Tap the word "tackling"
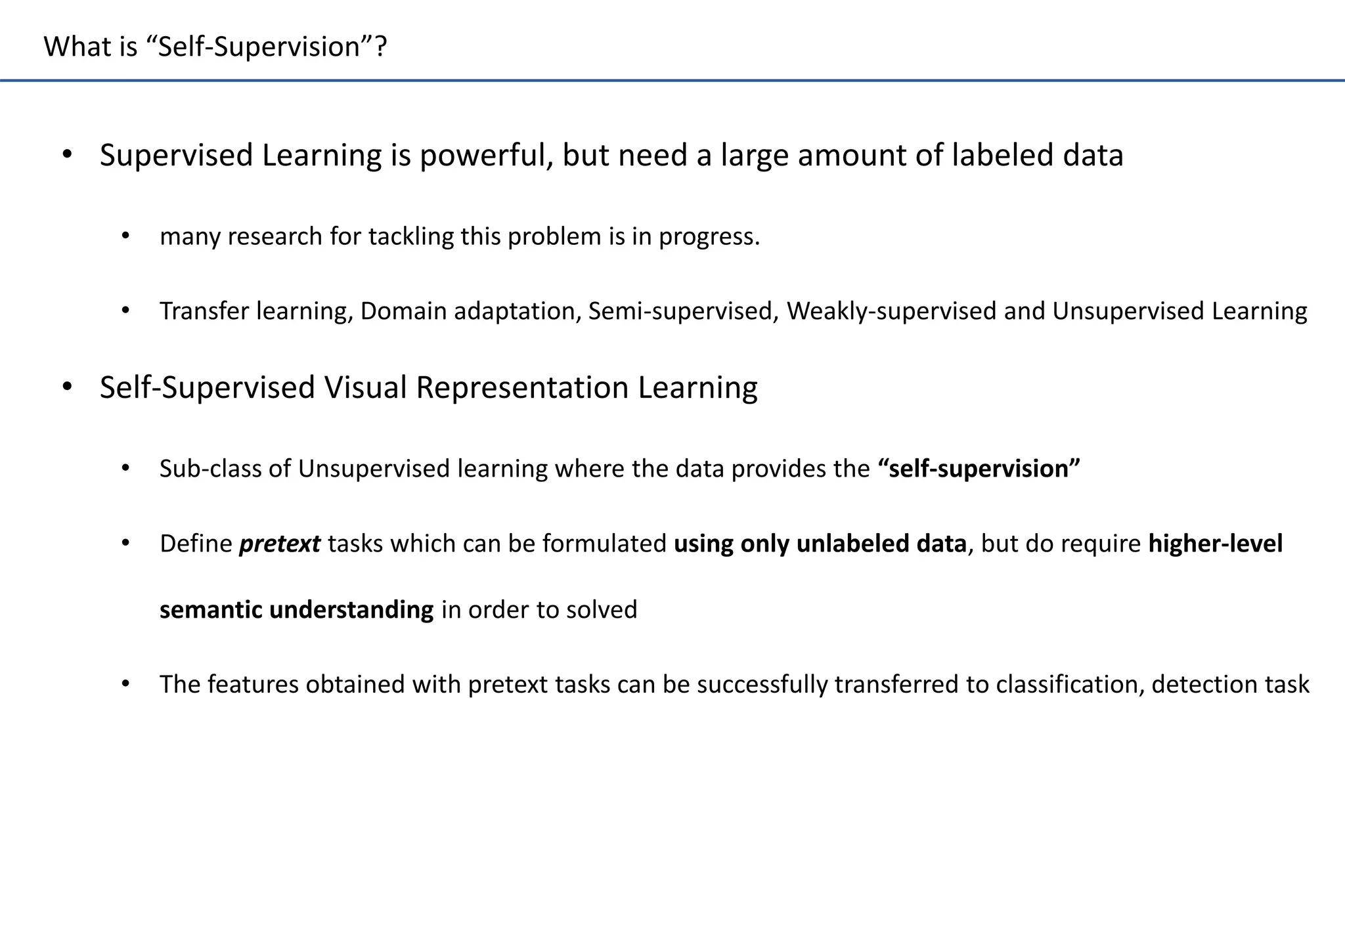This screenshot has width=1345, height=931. (410, 236)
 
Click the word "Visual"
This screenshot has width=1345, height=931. (366, 387)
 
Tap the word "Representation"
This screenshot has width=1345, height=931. (522, 388)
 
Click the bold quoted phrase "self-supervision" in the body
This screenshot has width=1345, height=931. (979, 469)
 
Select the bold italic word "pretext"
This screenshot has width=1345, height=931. (280, 544)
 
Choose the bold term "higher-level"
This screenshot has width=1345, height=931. (1215, 544)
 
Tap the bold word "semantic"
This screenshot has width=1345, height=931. (211, 610)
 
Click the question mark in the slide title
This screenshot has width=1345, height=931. (380, 47)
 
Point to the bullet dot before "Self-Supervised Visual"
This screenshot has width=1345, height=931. (67, 387)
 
